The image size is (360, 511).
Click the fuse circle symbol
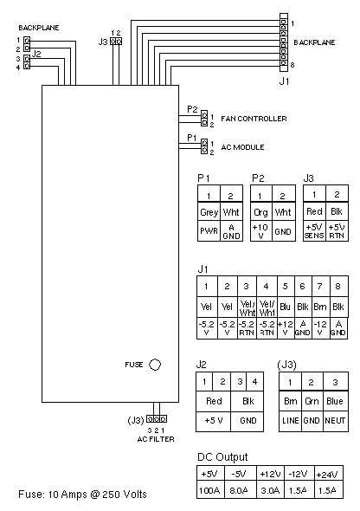coord(155,365)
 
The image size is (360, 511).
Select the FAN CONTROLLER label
coord(254,119)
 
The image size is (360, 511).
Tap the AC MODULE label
coord(243,147)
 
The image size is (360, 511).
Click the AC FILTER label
coord(156,439)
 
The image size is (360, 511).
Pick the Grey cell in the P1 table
coord(209,212)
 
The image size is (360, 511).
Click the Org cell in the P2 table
coord(260,212)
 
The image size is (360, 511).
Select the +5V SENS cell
coord(314,231)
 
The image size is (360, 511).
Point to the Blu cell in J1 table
coord(286,307)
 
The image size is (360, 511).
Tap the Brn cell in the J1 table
coord(320,307)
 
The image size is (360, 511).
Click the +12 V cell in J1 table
coord(286,328)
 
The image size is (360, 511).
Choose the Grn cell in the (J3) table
coord(312,401)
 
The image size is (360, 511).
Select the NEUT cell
coord(335,421)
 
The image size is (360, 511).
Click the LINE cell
coord(291,421)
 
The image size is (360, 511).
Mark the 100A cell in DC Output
coord(209,490)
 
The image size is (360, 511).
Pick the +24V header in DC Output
coord(327,474)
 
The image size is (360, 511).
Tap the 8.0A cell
coord(239,490)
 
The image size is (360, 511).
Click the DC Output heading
coord(222,457)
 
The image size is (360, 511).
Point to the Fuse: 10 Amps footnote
coord(82,495)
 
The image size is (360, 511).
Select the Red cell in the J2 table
coord(214,401)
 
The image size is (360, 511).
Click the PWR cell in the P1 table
coord(209,231)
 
